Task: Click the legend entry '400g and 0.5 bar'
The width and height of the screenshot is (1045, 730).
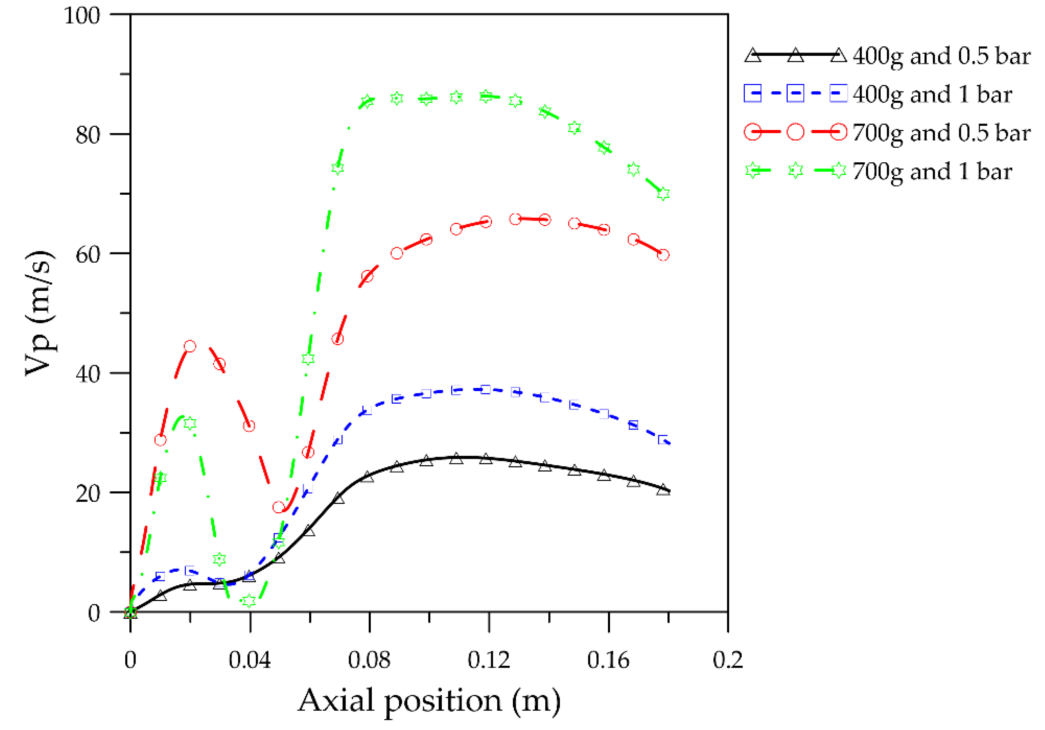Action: click(941, 56)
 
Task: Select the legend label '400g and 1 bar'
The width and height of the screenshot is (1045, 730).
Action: click(932, 95)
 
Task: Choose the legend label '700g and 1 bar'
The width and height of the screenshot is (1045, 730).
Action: click(932, 172)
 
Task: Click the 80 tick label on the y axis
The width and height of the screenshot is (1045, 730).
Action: click(88, 135)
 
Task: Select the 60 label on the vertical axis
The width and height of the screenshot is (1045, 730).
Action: click(88, 255)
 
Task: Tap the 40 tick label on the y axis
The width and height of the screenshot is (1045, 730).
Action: click(88, 374)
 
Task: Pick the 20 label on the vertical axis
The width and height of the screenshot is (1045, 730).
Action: click(88, 493)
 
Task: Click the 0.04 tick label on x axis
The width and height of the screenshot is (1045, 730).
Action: click(250, 660)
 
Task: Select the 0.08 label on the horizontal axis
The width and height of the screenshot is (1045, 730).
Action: click(369, 660)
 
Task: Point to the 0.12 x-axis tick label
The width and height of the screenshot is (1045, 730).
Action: click(489, 660)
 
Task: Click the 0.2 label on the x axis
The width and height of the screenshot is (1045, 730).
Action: click(728, 660)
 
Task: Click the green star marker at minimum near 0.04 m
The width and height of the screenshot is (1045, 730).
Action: click(249, 601)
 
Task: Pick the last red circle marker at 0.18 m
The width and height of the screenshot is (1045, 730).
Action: click(663, 255)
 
